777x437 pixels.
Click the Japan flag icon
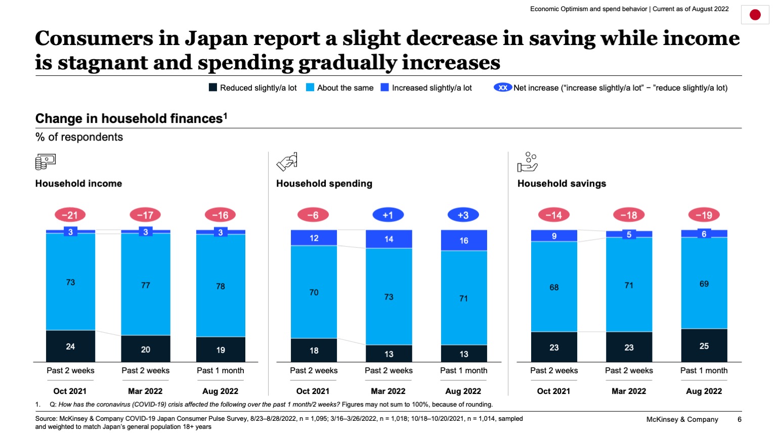click(x=755, y=15)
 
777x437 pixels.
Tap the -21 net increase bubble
click(x=70, y=215)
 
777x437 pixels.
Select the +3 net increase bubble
click(x=463, y=215)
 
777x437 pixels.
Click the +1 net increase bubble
click(x=388, y=215)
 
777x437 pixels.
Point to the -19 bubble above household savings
click(x=704, y=215)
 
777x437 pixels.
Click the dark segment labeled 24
click(x=70, y=346)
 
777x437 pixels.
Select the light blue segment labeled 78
click(x=221, y=286)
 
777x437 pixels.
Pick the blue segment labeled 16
click(x=464, y=241)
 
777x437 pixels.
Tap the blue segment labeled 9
click(x=554, y=236)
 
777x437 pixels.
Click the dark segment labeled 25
click(x=704, y=346)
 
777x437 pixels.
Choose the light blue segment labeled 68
click(x=554, y=287)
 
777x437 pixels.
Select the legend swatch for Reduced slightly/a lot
click(x=213, y=88)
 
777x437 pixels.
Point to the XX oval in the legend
click(x=503, y=88)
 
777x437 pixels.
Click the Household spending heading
click(x=324, y=184)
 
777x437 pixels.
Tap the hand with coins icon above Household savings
click(x=527, y=162)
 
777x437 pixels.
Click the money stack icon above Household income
click(x=45, y=162)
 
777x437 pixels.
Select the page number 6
click(x=739, y=419)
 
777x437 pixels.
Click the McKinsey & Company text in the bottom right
click(x=682, y=419)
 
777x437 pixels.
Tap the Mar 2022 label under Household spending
click(x=388, y=391)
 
